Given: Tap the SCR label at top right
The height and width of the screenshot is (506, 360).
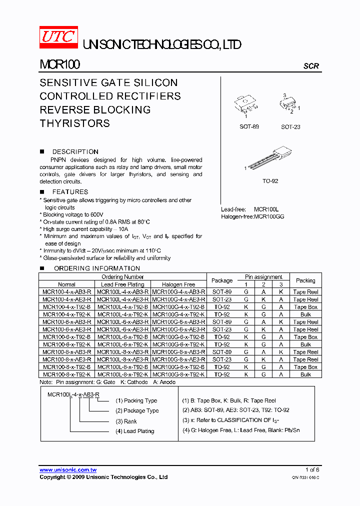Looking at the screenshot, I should (x=311, y=66).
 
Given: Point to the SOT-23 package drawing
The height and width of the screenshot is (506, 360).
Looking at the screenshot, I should (x=289, y=104).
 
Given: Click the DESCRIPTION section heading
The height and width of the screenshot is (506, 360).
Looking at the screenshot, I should (x=75, y=151).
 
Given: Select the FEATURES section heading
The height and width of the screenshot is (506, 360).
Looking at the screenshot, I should (x=70, y=191).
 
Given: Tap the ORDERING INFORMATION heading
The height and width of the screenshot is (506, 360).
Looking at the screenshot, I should (x=89, y=268).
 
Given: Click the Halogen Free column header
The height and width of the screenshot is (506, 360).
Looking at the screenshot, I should (x=178, y=284).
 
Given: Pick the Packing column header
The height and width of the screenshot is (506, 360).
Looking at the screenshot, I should (x=305, y=280).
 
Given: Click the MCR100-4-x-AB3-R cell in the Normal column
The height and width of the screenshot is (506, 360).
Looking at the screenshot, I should (x=67, y=292).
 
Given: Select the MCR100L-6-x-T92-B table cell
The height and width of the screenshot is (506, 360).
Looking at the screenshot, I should (x=122, y=337).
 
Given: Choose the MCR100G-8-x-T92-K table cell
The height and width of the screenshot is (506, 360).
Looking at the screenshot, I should (x=178, y=374).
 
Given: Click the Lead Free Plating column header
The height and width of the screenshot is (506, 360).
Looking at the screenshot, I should (x=122, y=284).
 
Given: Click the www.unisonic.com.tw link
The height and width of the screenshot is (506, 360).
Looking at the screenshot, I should (x=68, y=470).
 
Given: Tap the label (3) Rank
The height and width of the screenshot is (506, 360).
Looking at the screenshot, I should (x=126, y=421).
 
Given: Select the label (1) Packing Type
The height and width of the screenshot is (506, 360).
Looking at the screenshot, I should (x=136, y=400).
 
